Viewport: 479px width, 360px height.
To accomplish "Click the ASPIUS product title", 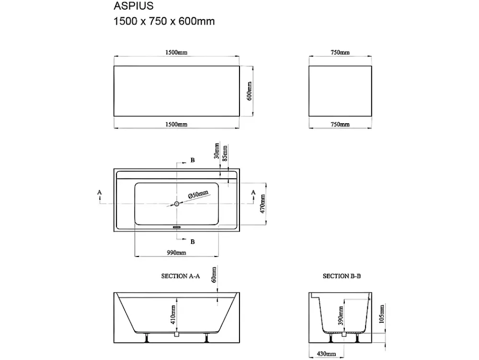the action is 134,6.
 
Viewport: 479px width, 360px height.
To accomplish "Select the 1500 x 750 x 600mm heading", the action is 164,22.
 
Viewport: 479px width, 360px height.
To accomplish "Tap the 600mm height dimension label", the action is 249,91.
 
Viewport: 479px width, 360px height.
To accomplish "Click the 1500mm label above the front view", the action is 176,53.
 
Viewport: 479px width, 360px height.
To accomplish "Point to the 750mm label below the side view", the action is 340,124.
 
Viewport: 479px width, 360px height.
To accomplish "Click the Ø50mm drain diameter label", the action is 198,194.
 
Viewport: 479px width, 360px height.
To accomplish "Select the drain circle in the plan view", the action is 177,204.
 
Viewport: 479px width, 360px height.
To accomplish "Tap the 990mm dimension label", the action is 177,253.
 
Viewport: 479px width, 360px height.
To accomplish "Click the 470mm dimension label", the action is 262,204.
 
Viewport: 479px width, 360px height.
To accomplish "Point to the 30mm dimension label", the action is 217,151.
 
